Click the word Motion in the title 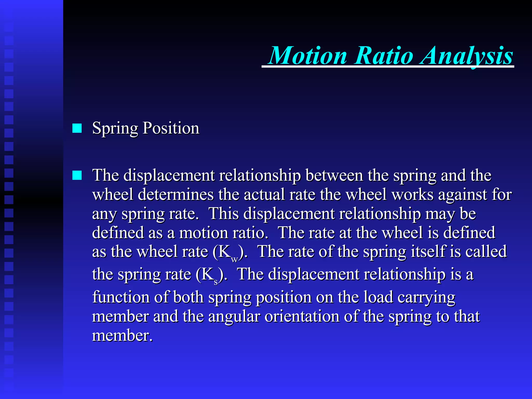click(308, 56)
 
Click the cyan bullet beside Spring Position click(77, 128)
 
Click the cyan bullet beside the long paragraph click(77, 175)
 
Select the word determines click(175, 194)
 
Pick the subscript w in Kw click(234, 259)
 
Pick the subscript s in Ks click(216, 282)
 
